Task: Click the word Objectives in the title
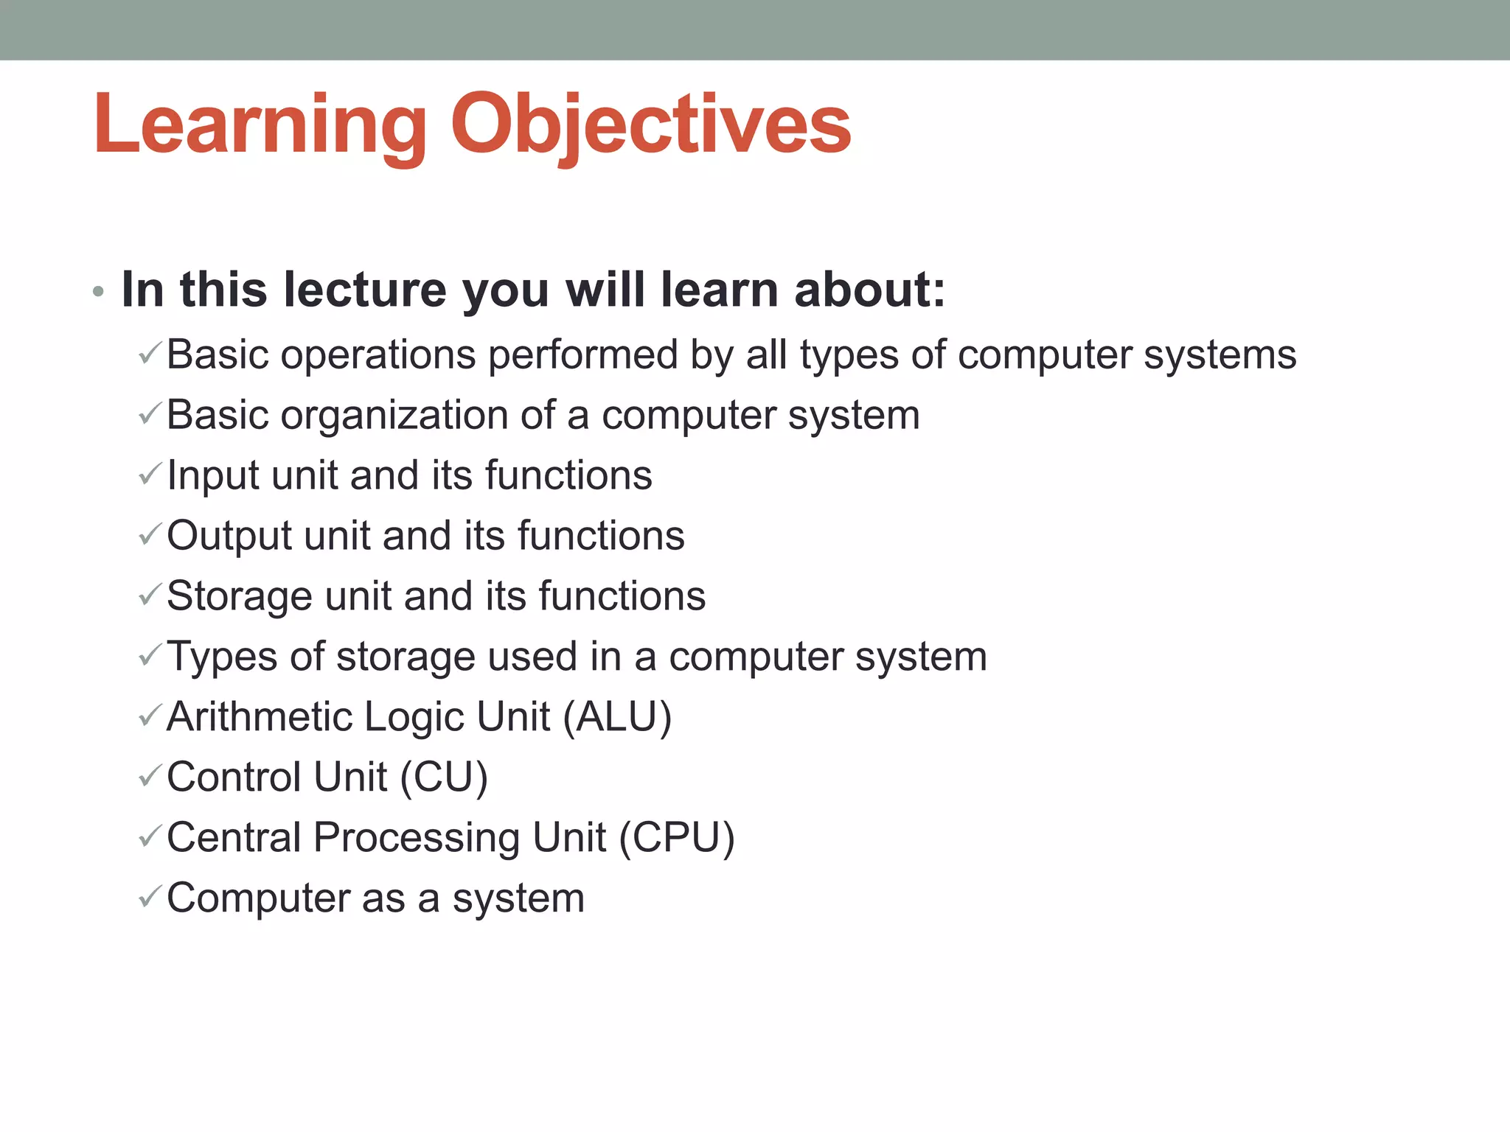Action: tap(651, 125)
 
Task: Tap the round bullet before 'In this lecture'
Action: tap(98, 293)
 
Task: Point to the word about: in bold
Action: tap(869, 289)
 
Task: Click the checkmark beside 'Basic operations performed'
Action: tap(150, 354)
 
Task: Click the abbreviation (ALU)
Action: tap(617, 717)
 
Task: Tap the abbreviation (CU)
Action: tap(444, 778)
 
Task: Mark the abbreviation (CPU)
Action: tap(677, 838)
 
